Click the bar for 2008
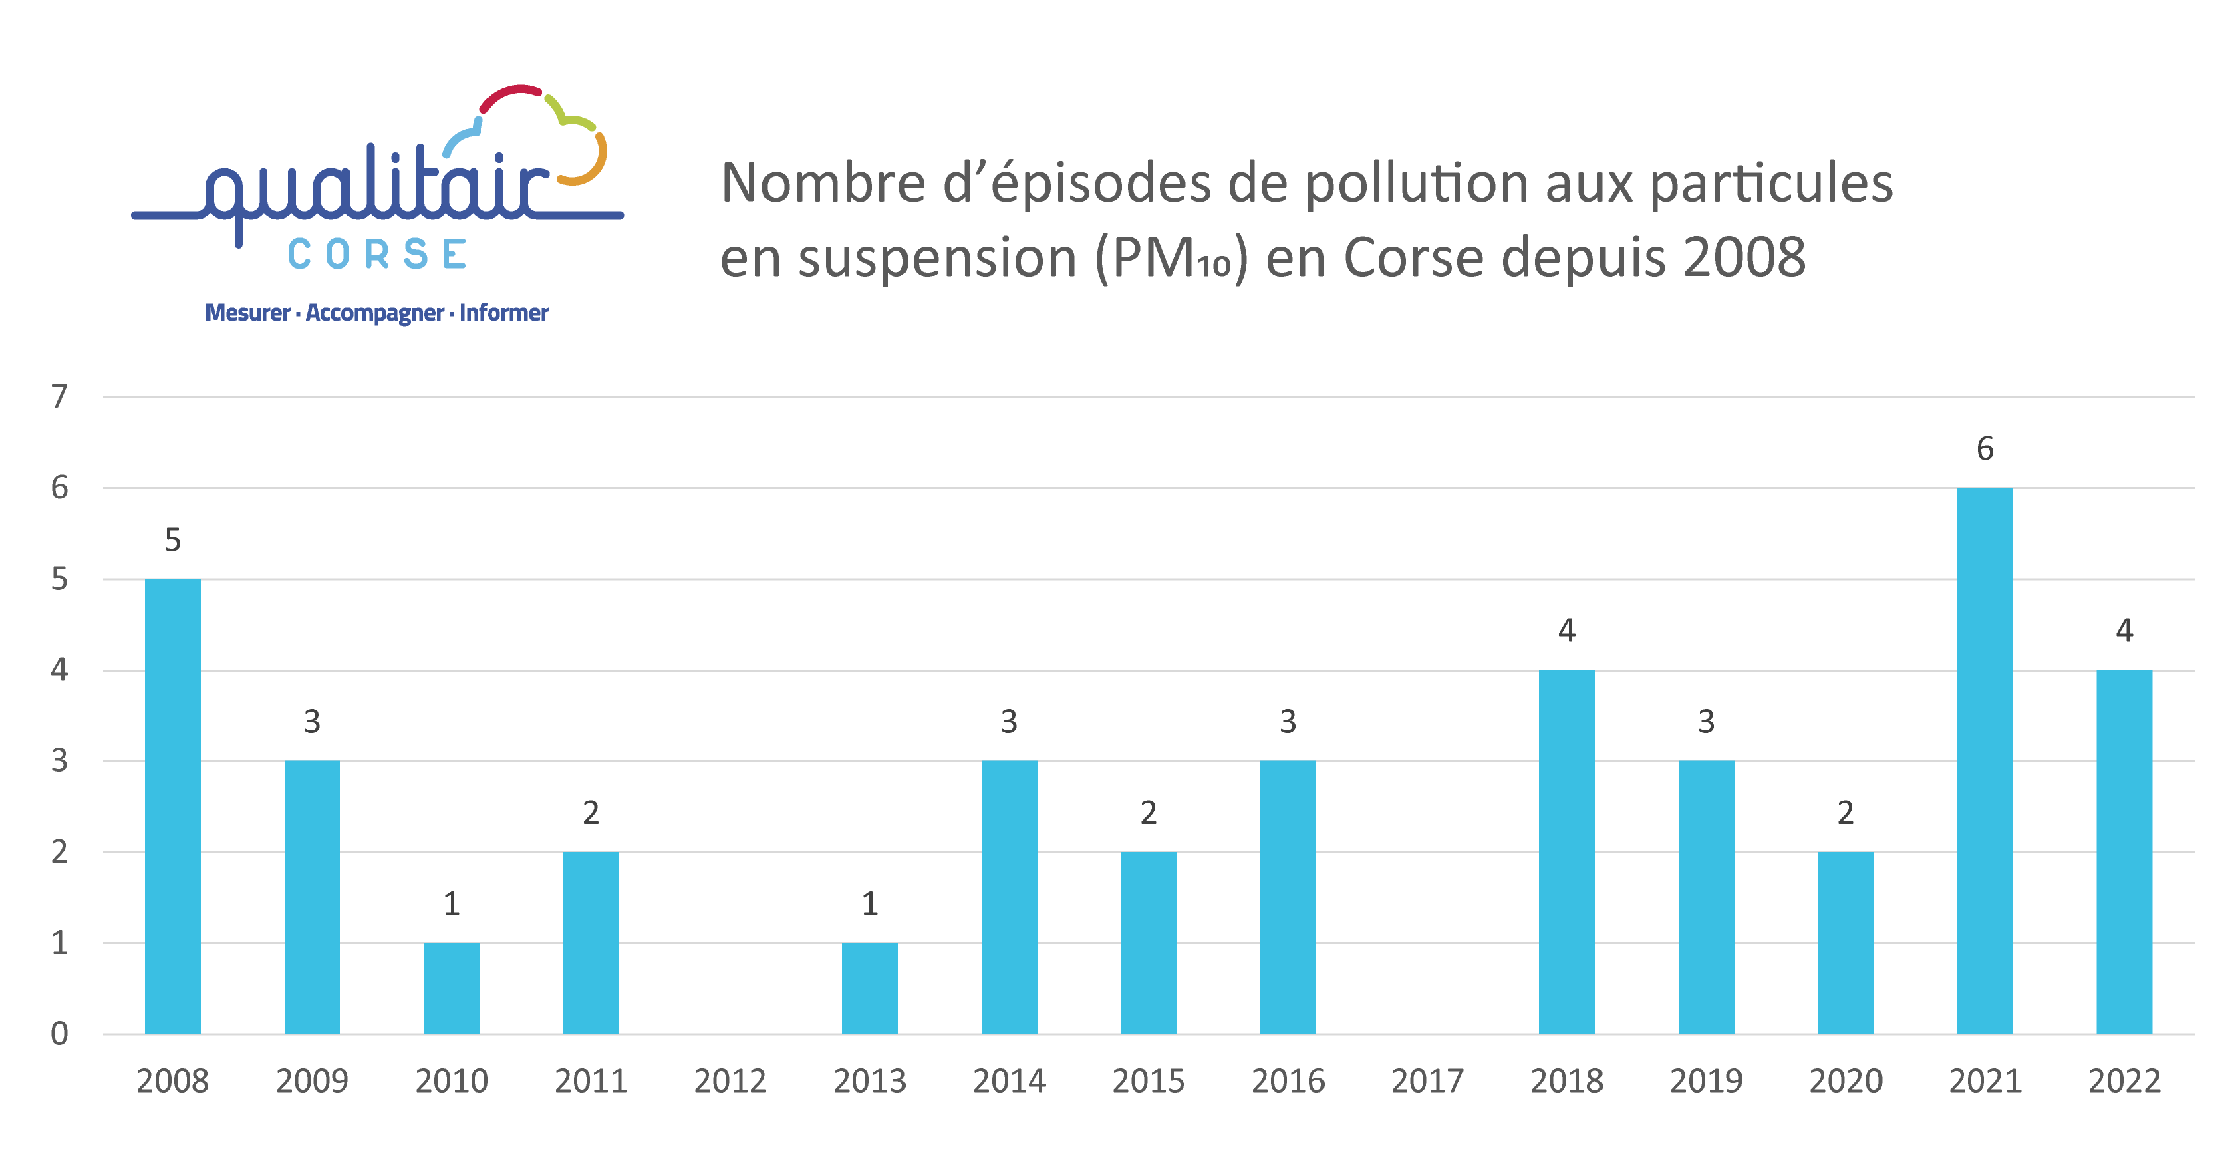click(173, 806)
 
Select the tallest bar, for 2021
click(1985, 761)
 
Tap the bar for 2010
click(452, 988)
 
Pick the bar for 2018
click(1566, 852)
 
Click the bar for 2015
click(1149, 943)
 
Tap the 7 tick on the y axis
click(59, 397)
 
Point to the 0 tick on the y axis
click(59, 1034)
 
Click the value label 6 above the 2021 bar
click(1985, 449)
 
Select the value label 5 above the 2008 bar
click(173, 540)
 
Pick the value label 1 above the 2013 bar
click(870, 903)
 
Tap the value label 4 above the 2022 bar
click(2124, 630)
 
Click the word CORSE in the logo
click(378, 254)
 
